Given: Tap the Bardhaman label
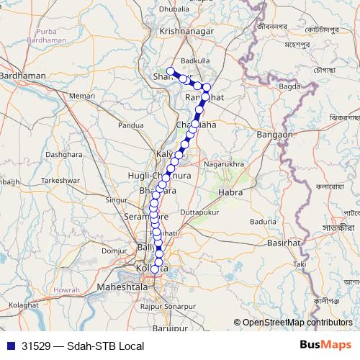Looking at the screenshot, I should (x=24, y=75).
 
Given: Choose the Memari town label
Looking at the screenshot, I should (x=82, y=95).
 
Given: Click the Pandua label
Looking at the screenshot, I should (x=131, y=125).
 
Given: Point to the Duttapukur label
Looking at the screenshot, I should (x=197, y=213).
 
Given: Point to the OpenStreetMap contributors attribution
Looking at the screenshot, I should (x=297, y=323).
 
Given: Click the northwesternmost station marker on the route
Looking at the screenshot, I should (x=171, y=71).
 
